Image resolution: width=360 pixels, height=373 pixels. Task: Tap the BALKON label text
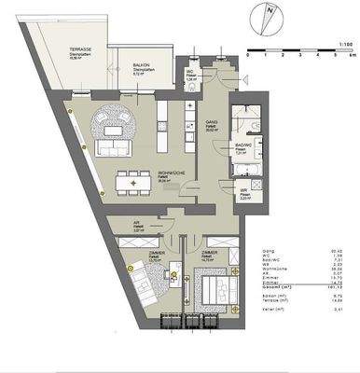143,57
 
